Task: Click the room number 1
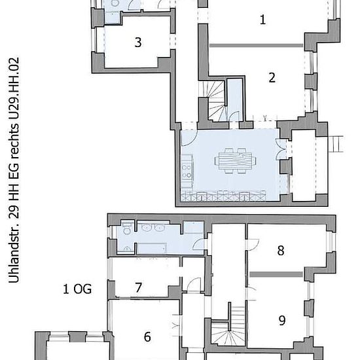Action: click(263, 20)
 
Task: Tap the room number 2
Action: click(272, 78)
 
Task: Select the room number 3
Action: click(137, 43)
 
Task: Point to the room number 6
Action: click(147, 337)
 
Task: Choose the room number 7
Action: click(138, 287)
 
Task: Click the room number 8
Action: click(281, 250)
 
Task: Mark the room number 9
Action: click(282, 320)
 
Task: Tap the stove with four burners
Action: click(187, 170)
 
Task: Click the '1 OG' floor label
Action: click(77, 289)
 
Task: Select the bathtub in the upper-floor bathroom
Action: click(152, 249)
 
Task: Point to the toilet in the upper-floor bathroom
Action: click(127, 229)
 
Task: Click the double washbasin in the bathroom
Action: click(153, 228)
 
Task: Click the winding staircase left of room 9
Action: click(228, 326)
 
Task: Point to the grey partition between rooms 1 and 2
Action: click(256, 45)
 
